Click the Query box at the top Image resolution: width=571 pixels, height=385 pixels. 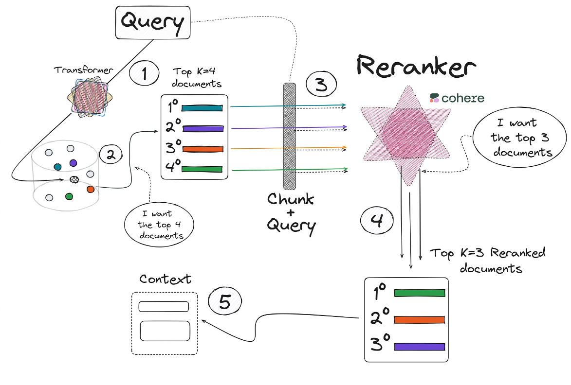pyautogui.click(x=152, y=22)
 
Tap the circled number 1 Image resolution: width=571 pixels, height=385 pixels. pyautogui.click(x=144, y=73)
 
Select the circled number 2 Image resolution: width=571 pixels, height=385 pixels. pyautogui.click(x=111, y=154)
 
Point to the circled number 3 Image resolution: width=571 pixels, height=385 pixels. pyautogui.click(x=321, y=84)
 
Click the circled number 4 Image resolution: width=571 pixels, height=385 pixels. pyautogui.click(x=377, y=220)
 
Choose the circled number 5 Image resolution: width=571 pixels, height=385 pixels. pyautogui.click(x=225, y=301)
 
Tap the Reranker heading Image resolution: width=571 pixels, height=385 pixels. pyautogui.click(x=416, y=66)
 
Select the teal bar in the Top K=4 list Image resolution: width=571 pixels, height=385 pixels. pyautogui.click(x=202, y=108)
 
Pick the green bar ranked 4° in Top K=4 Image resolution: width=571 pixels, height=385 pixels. pyautogui.click(x=202, y=169)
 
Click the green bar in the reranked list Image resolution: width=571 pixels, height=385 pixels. pyautogui.click(x=420, y=293)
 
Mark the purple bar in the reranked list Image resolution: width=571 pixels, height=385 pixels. pyautogui.click(x=420, y=347)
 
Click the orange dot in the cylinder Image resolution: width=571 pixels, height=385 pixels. pyautogui.click(x=91, y=190)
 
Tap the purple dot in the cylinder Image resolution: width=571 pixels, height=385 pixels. pyautogui.click(x=73, y=163)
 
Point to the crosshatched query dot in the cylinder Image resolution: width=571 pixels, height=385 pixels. pyautogui.click(x=74, y=179)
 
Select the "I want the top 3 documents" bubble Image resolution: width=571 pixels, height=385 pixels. pyautogui.click(x=520, y=138)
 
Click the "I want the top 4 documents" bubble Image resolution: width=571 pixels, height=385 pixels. pyautogui.click(x=159, y=225)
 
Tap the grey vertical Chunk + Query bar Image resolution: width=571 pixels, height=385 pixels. pyautogui.click(x=290, y=136)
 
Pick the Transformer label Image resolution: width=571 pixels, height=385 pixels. pyautogui.click(x=83, y=70)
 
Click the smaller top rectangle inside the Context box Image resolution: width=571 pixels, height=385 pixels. pyautogui.click(x=164, y=306)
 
